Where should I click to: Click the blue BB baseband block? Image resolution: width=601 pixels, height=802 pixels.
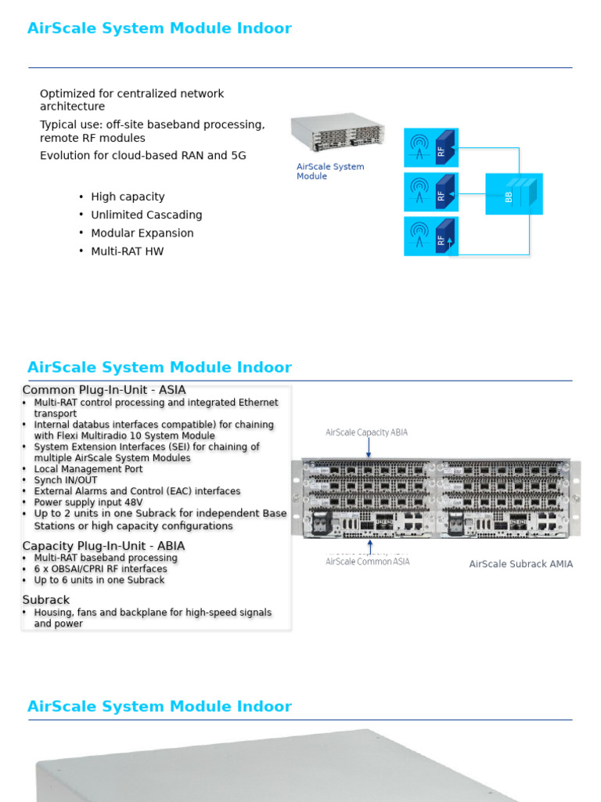pos(513,194)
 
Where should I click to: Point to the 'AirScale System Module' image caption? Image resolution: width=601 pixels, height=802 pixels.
pos(330,172)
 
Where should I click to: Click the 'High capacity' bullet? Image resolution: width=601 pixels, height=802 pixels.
pos(128,197)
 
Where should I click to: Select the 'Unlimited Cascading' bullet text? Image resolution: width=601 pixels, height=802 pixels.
pos(146,215)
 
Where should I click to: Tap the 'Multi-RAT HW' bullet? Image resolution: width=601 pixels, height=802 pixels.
pos(128,251)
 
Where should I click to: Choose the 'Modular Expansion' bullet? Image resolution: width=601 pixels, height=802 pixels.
pos(142,233)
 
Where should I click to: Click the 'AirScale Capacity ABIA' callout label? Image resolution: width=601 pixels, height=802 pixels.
pos(366,432)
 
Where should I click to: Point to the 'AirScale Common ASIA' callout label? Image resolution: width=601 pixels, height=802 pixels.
pos(367,561)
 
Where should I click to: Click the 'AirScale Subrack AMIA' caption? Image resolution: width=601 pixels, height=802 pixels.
pos(520,564)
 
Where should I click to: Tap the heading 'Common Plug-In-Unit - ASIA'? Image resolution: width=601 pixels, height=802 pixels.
pos(104,390)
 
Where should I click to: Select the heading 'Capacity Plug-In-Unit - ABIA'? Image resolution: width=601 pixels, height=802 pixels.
pos(103,546)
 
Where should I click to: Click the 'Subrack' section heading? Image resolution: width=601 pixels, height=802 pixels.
pos(46,600)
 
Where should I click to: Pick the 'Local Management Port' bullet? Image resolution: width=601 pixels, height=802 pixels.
pos(88,469)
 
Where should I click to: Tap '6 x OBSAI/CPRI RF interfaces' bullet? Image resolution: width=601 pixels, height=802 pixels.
pos(100,569)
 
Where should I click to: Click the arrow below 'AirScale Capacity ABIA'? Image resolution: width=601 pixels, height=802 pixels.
pos(369,448)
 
